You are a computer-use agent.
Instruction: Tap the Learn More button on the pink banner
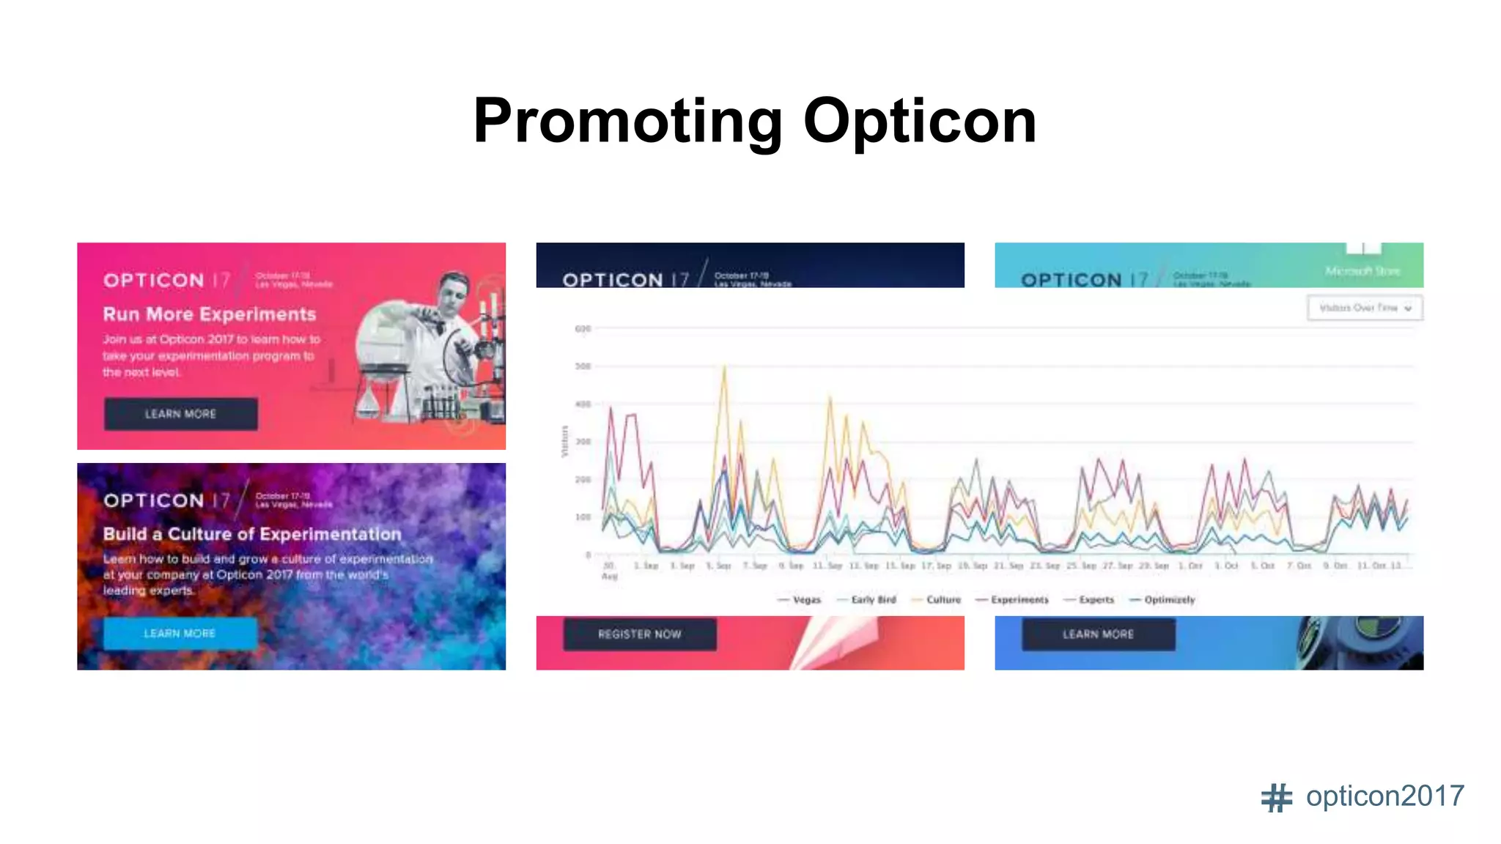tap(180, 414)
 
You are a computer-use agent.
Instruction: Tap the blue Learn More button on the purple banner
tap(180, 633)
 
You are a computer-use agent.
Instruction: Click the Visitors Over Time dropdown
tap(1364, 308)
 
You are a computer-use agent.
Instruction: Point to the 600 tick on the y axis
tap(583, 329)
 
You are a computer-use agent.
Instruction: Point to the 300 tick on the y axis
tap(583, 442)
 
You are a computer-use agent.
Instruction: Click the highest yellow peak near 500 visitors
tap(724, 366)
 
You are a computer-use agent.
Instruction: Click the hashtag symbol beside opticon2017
tap(1276, 798)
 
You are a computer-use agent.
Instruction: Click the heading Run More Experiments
tap(210, 314)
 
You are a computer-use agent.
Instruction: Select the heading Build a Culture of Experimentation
tap(252, 534)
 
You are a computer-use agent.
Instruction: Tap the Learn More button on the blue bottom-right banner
tap(1098, 634)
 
